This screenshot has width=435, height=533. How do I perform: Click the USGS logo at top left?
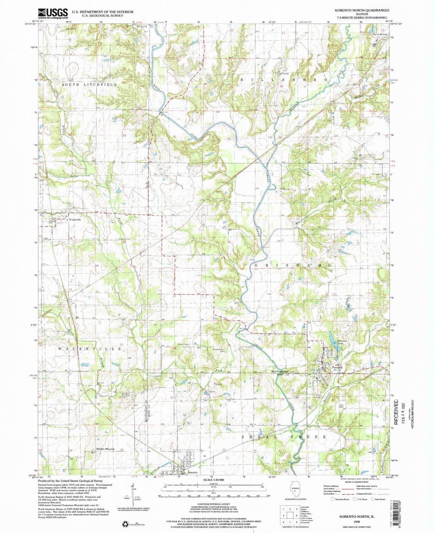53,12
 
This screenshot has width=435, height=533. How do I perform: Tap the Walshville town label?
75,220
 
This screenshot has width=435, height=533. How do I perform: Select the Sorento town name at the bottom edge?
193,472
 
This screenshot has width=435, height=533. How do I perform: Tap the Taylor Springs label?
380,34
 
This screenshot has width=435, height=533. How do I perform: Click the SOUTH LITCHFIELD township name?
89,84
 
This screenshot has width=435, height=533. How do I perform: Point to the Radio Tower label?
184,345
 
